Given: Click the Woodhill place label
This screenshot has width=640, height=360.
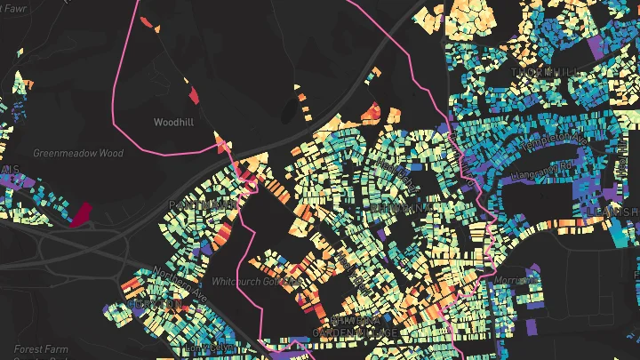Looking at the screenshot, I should coord(173,121).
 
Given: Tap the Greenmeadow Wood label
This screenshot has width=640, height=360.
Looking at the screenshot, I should coord(78,153).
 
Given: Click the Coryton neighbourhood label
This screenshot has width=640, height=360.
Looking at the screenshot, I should coord(155,304).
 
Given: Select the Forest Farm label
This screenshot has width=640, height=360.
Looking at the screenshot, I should coord(40,349).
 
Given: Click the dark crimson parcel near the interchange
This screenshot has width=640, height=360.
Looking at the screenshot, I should coord(81,214).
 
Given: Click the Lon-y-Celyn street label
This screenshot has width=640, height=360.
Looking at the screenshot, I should coord(214,346).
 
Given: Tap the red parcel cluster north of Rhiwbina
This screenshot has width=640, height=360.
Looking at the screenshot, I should coord(372,113).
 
